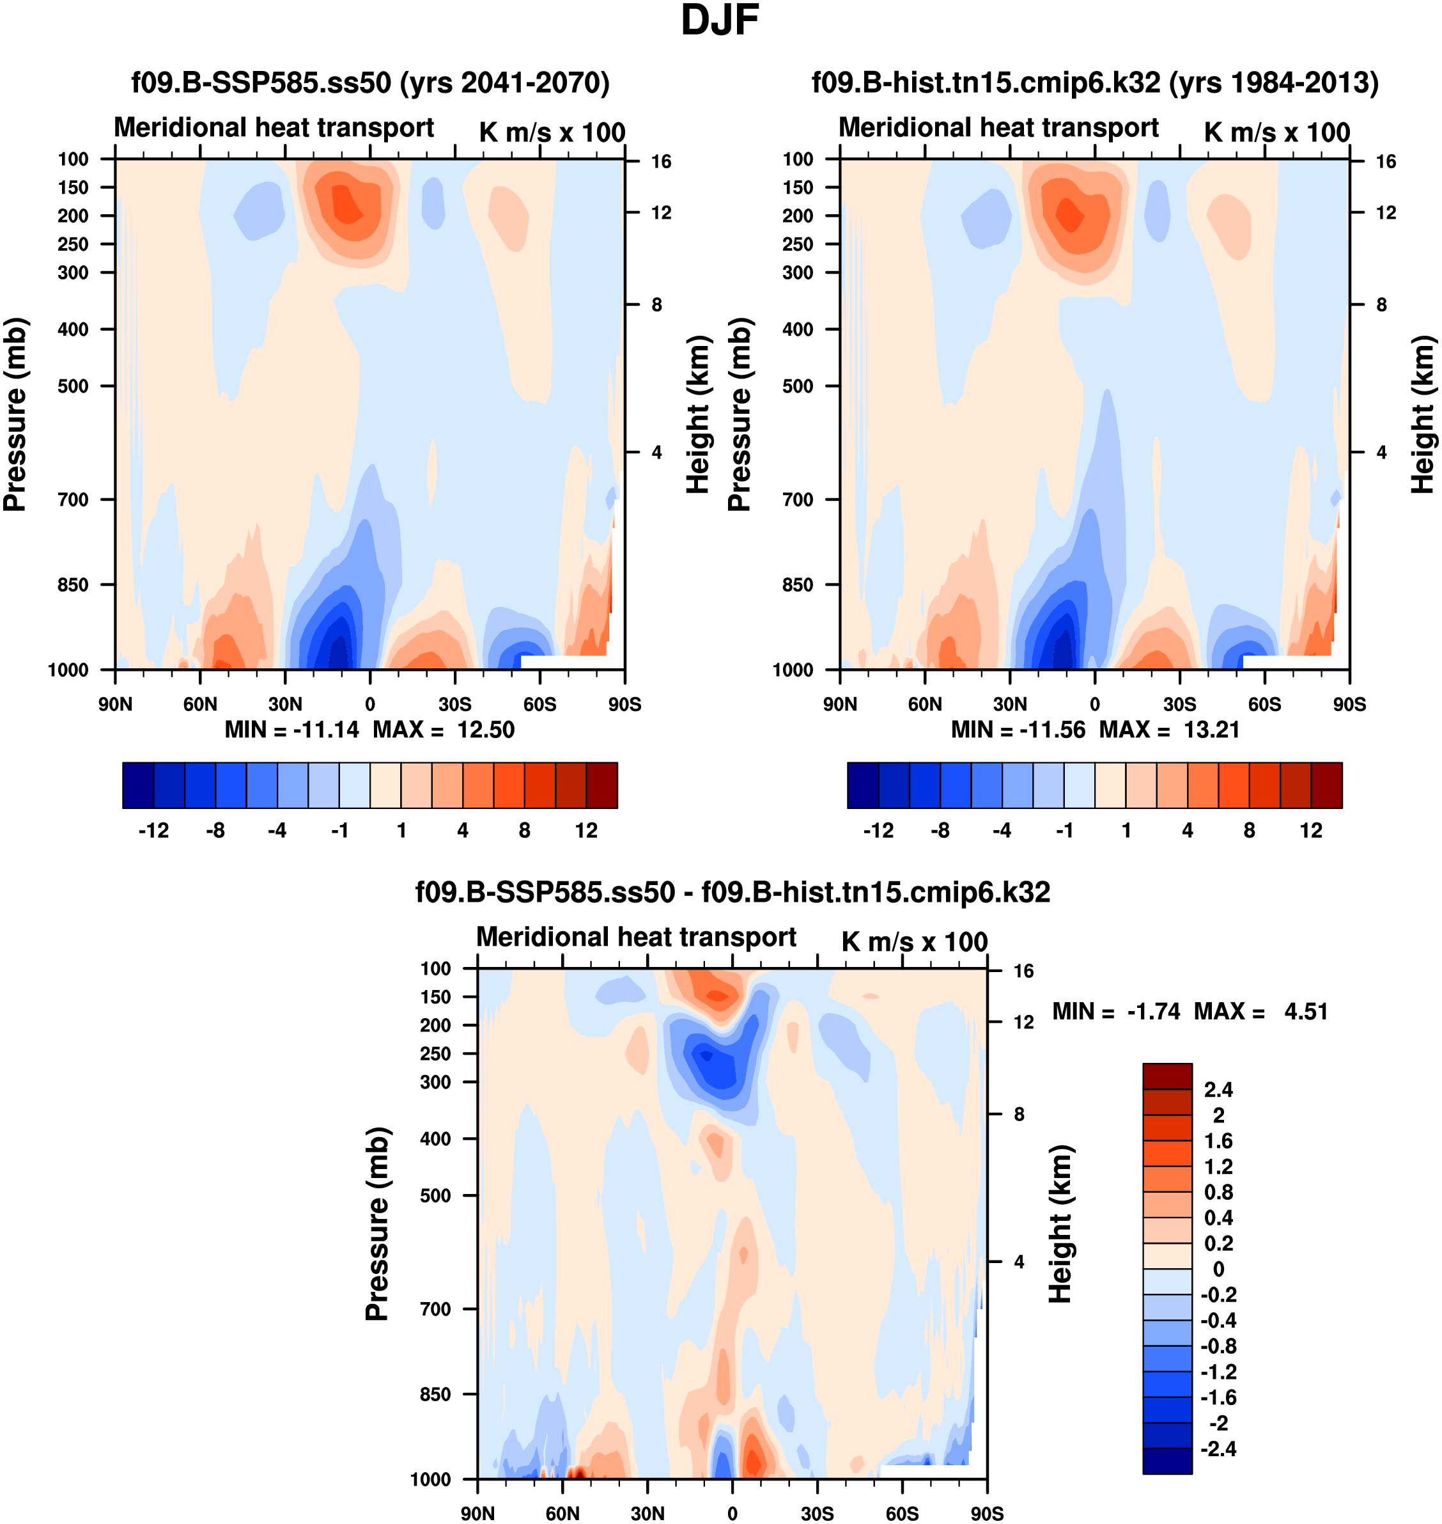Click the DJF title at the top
pos(720,20)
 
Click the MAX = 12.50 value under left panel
pos(444,730)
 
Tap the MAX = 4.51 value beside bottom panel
pos(1260,1012)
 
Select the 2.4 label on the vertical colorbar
pos(1218,1090)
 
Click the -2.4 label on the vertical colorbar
pos(1217,1449)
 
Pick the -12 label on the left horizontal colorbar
pos(153,831)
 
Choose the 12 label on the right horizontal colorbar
pos(1312,831)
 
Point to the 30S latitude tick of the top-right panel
pos(1180,704)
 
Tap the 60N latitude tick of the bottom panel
pos(562,1513)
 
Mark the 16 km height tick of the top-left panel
pos(661,161)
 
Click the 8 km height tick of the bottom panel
pos(1019,1114)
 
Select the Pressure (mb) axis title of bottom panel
pos(376,1224)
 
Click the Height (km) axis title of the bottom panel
pos(1061,1224)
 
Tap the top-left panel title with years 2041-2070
pos(371,82)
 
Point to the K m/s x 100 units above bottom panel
pos(914,942)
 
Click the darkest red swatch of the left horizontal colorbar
pos(602,785)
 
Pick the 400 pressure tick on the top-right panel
pos(798,329)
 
